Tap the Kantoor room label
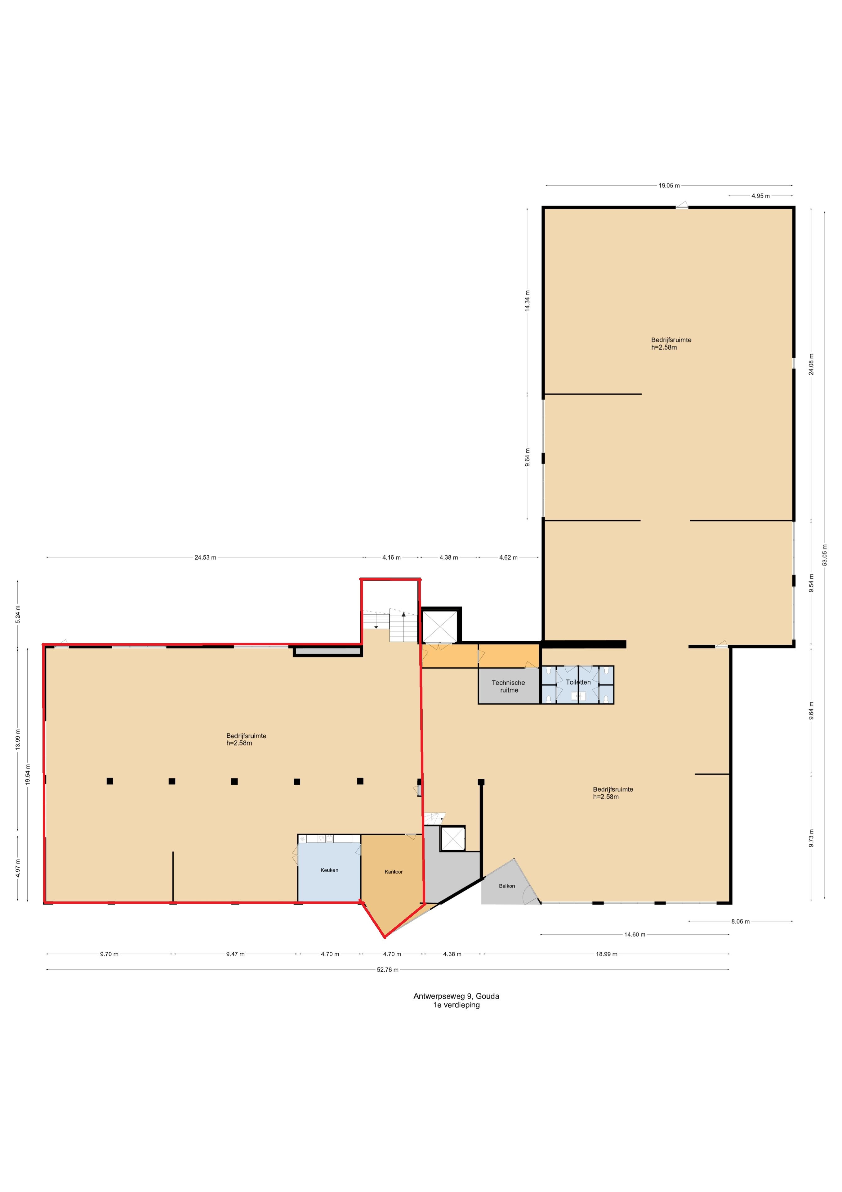coord(393,872)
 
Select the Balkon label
coord(507,886)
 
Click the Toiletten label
coord(578,682)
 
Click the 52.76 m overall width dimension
coord(388,970)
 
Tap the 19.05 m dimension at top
coord(669,185)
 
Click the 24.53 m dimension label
coord(205,558)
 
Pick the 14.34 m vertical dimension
coord(527,300)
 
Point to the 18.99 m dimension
coord(607,954)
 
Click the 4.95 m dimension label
coord(760,196)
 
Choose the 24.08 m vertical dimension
coord(811,364)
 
